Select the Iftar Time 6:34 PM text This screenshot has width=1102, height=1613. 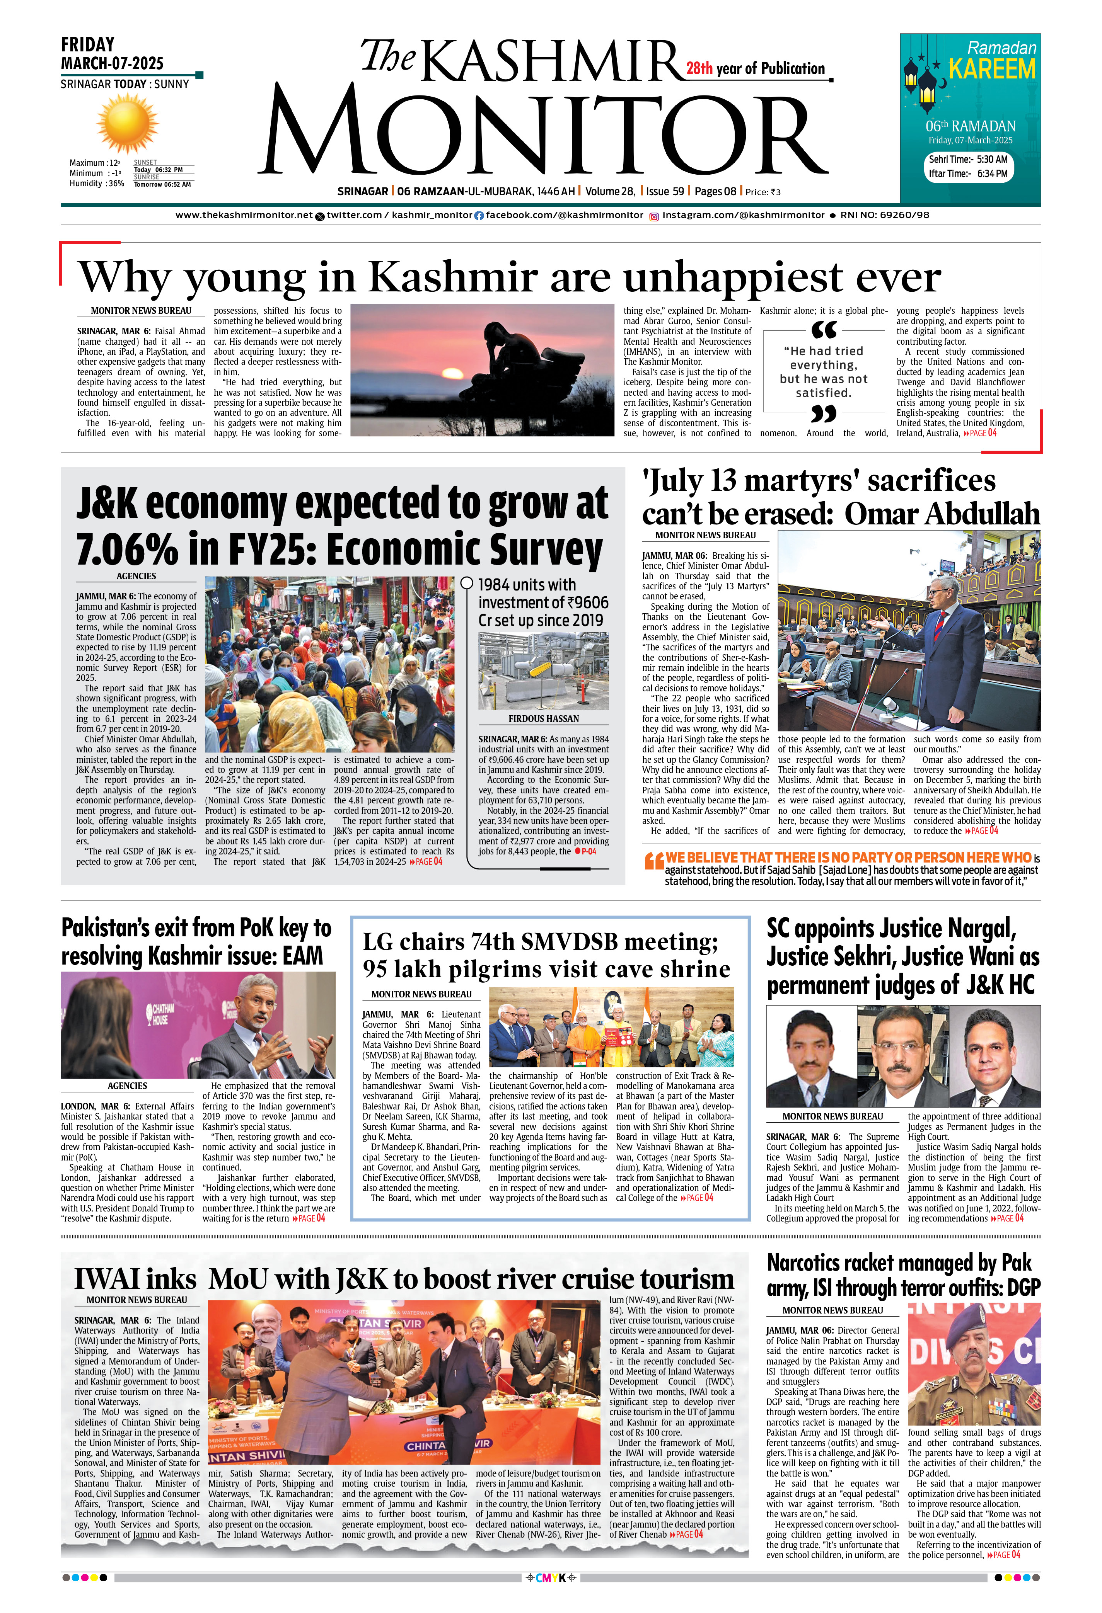tap(968, 174)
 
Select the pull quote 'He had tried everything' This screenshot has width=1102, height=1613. tap(824, 372)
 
